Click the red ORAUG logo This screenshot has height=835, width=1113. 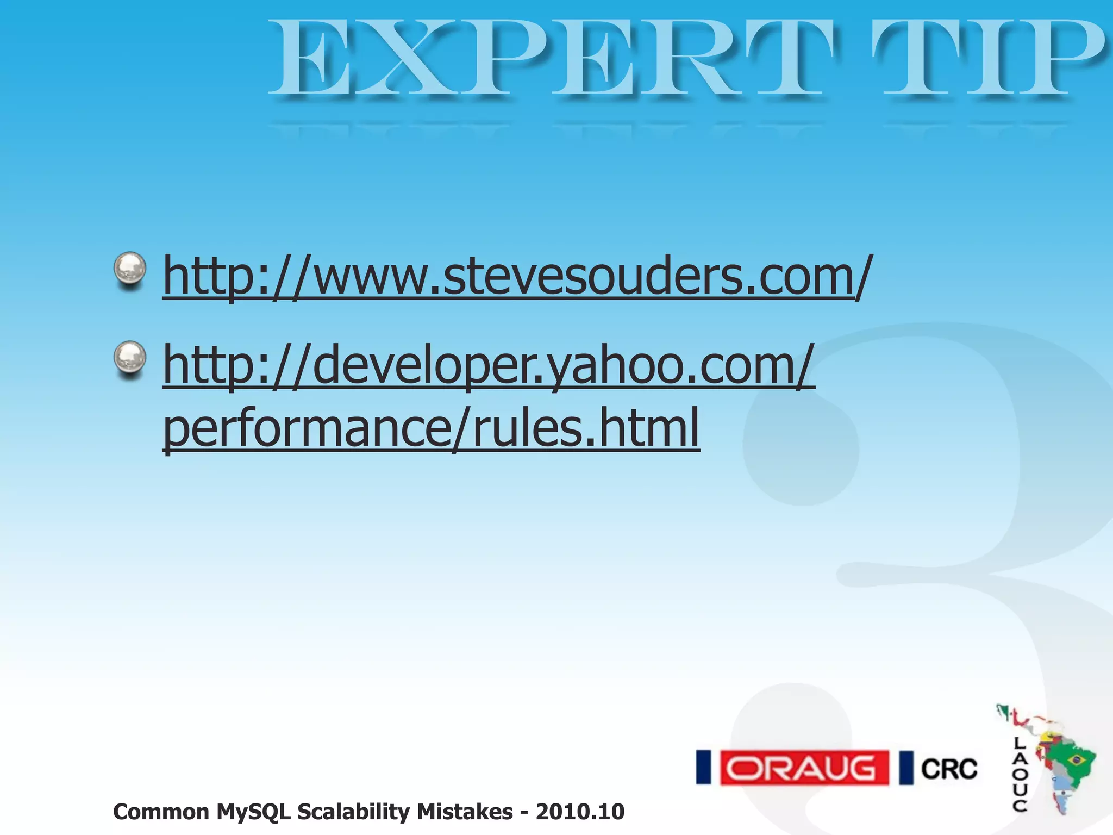804,768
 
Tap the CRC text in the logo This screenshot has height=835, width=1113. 949,769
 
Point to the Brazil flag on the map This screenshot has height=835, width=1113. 1075,760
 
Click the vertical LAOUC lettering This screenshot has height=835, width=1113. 1020,774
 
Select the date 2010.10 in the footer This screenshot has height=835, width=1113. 580,812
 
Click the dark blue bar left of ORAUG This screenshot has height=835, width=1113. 704,768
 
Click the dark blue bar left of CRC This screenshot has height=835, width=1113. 906,768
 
